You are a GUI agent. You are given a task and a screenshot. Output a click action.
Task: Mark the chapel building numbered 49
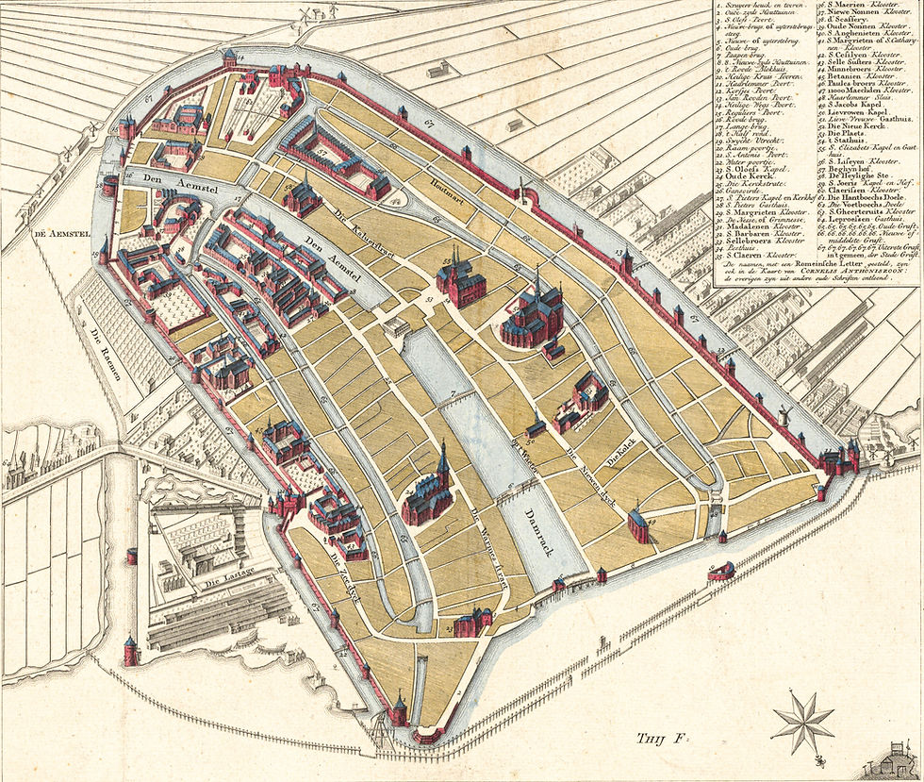(x=638, y=524)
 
